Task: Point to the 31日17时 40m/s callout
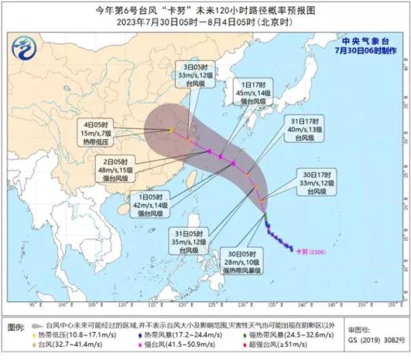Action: pos(301,128)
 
